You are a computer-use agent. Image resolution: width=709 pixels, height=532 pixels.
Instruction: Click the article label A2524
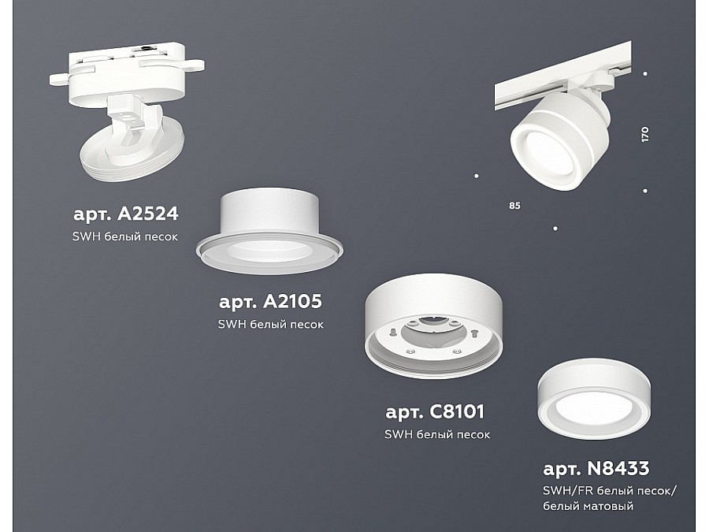(x=126, y=214)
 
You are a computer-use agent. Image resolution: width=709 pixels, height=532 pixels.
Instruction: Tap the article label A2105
(x=270, y=301)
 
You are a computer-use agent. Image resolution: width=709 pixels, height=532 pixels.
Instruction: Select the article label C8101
(x=435, y=411)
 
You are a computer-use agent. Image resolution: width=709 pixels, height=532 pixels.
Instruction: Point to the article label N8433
(x=596, y=468)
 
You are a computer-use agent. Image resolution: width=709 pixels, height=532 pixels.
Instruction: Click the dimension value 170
(x=644, y=134)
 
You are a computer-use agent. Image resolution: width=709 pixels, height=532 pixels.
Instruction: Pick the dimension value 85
(x=514, y=206)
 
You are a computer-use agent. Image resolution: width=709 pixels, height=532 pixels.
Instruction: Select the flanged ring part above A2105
(x=269, y=231)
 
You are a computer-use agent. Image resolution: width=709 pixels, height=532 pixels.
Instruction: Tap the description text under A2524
(x=124, y=236)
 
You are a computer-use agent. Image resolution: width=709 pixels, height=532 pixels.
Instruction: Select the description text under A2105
(x=270, y=325)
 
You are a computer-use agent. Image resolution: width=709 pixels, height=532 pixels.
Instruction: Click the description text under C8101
(x=436, y=435)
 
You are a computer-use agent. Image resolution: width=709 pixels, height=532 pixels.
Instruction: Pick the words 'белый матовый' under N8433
(x=588, y=506)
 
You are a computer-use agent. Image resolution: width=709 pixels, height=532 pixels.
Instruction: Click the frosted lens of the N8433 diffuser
(x=593, y=407)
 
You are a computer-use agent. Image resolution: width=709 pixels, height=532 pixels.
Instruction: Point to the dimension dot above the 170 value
(x=645, y=74)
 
